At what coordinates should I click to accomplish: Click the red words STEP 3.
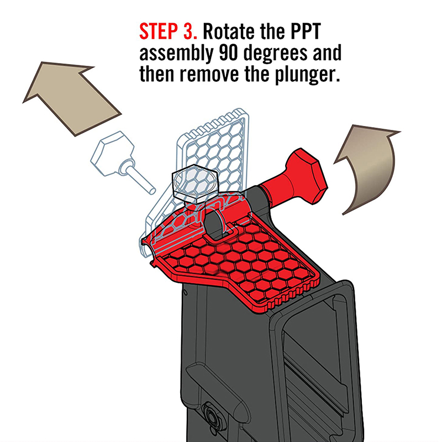[x=168, y=31]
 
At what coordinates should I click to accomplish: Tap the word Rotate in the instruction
[x=229, y=31]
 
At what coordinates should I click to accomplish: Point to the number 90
[x=228, y=52]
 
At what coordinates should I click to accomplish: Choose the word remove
[x=209, y=75]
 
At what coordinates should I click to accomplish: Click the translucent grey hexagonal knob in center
[x=194, y=183]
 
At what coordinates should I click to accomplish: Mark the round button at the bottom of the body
[x=210, y=416]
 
